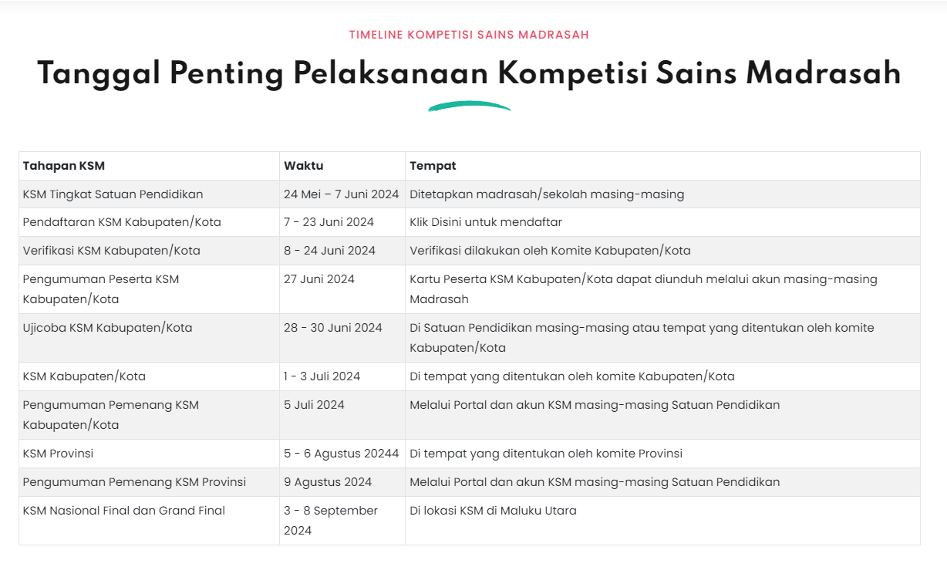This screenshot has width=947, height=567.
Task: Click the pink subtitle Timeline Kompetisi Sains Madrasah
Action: (469, 35)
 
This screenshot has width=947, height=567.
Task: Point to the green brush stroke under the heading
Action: (469, 106)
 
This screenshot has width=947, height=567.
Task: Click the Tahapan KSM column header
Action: (64, 166)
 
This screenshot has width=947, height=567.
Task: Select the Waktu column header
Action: (304, 166)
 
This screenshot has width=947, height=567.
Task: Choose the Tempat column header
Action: (433, 166)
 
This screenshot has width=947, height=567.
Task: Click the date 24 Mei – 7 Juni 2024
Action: (341, 194)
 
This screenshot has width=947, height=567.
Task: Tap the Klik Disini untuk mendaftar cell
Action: (486, 222)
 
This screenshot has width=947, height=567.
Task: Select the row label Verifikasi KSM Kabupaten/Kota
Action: (112, 251)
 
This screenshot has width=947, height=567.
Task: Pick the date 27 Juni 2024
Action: (319, 279)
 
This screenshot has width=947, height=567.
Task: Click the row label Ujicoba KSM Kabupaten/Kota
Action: (108, 328)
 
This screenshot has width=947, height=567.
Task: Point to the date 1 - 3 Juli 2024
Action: (322, 376)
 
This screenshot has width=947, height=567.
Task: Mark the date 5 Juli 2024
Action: (314, 405)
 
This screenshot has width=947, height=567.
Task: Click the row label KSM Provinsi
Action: (59, 454)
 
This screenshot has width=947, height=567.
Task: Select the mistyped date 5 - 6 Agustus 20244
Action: (341, 454)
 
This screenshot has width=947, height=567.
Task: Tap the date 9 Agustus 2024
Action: (328, 482)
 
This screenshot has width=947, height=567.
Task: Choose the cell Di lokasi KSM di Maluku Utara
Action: (493, 511)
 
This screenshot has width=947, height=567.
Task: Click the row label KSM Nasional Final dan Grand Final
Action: (124, 511)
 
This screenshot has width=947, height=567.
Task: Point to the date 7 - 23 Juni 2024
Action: (329, 222)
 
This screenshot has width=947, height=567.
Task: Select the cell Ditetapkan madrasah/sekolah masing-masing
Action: (547, 194)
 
